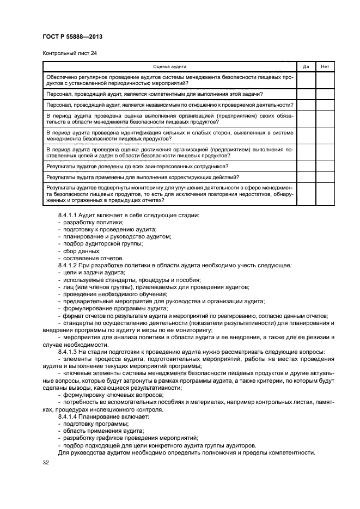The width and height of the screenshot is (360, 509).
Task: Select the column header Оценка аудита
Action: point(169,66)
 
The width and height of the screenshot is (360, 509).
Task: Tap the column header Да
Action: point(306,66)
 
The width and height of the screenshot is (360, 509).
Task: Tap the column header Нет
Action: point(325,66)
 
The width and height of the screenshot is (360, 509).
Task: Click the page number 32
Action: point(46,462)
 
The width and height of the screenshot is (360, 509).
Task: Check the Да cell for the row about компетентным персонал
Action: point(306,94)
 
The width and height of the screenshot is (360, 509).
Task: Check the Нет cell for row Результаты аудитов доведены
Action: point(325,166)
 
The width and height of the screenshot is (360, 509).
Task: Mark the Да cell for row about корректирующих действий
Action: point(306,177)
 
